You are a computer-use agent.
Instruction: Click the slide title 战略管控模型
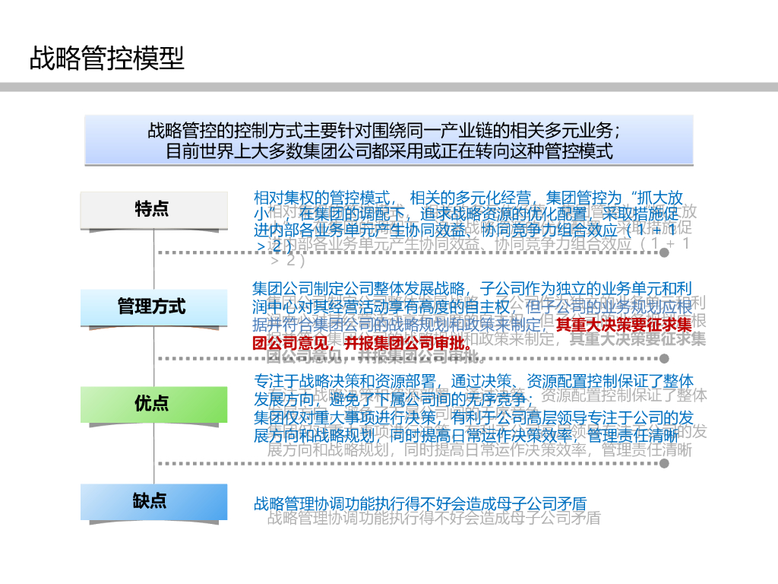click(x=106, y=58)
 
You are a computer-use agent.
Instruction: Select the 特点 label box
click(x=154, y=210)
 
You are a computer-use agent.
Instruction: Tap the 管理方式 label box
click(x=154, y=307)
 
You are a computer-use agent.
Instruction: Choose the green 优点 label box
click(x=154, y=404)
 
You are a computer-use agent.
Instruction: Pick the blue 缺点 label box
click(x=154, y=501)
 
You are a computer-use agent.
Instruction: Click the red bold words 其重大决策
click(x=593, y=325)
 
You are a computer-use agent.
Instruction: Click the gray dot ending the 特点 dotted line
click(x=665, y=252)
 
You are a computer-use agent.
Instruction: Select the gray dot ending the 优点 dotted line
click(x=665, y=462)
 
